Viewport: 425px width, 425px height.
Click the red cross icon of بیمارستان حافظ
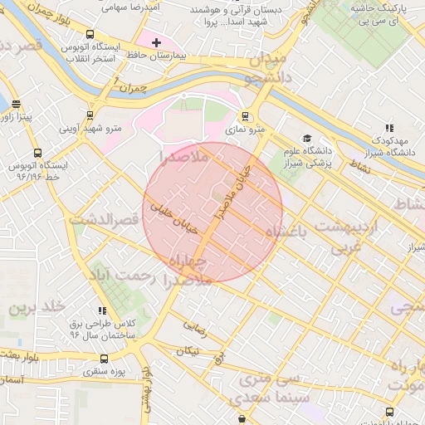coord(156,42)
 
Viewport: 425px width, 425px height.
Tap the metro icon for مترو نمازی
coord(244,117)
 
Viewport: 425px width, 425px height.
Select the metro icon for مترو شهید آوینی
coord(90,116)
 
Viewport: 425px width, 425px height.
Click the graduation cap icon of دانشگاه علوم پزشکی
coord(307,139)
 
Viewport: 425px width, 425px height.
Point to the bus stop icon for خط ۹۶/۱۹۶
coord(38,153)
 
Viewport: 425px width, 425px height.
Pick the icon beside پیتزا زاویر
coord(17,105)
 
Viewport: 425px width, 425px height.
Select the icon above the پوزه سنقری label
coord(103,359)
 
